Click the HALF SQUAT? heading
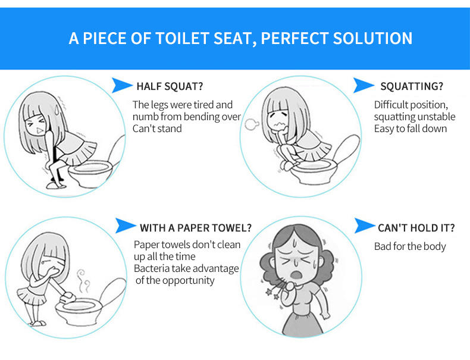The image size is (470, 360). [170, 86]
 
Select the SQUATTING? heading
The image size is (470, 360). [412, 86]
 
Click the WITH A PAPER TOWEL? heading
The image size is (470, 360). [195, 228]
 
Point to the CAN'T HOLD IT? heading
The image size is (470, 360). [416, 228]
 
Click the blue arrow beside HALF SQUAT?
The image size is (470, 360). [121, 85]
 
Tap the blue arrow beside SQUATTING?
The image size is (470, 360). [364, 85]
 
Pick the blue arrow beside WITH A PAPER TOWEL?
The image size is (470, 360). [126, 226]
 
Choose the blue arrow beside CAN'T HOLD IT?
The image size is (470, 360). [365, 226]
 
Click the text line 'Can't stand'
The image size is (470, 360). [157, 129]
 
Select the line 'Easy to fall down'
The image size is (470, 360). [411, 129]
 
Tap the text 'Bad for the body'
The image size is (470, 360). [410, 246]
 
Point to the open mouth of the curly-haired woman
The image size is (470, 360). [297, 274]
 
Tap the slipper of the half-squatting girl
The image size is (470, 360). [56, 185]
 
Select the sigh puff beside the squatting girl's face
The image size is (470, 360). [251, 124]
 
